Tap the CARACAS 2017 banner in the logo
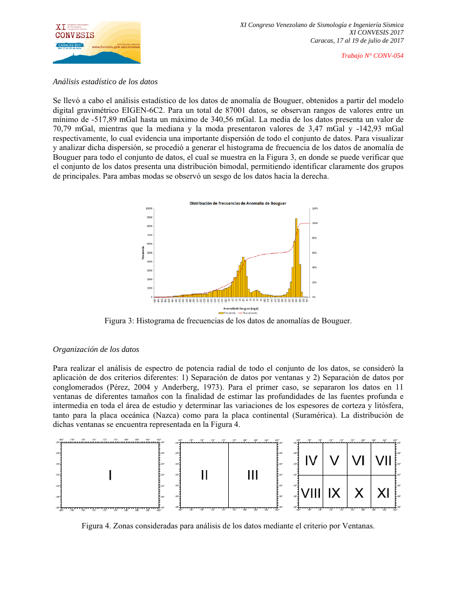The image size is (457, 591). pos(70,45)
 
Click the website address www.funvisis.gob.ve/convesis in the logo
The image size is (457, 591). pos(116,47)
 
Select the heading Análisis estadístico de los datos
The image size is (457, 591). pos(105,82)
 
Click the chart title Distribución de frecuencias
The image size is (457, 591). pos(237,203)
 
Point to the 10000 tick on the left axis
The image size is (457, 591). pos(149,208)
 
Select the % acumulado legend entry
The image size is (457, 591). pos(248,313)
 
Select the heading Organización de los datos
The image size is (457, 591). pos(96,349)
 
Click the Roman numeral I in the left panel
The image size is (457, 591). pos(110,475)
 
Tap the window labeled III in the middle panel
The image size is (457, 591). pos(253,475)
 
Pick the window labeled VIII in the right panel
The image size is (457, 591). pos(311,493)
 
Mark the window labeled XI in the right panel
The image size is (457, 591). pos(383,493)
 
